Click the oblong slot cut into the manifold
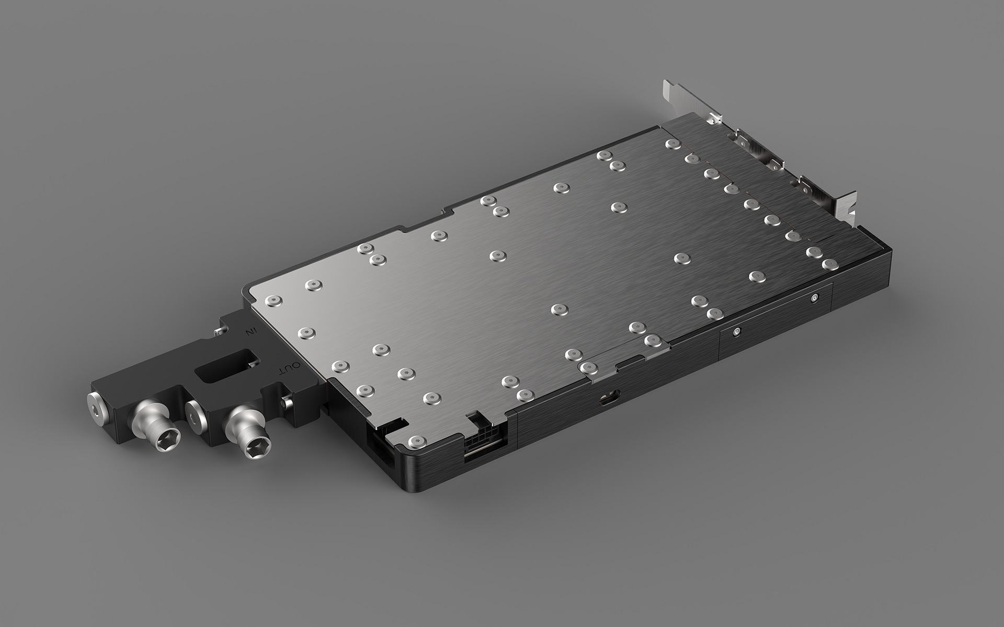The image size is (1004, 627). [226, 363]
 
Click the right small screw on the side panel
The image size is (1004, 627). [814, 298]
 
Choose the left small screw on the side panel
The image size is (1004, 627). [736, 331]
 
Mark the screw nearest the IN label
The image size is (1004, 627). [274, 300]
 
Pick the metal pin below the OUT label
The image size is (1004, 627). [287, 403]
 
